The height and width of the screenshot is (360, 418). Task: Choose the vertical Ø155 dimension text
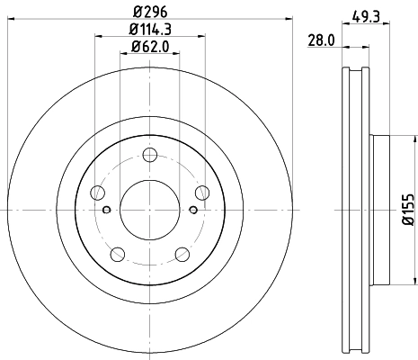[x=407, y=209]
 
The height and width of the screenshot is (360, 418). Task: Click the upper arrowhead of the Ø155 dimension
[x=396, y=138]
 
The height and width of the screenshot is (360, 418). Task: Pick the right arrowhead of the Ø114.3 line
[x=201, y=38]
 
